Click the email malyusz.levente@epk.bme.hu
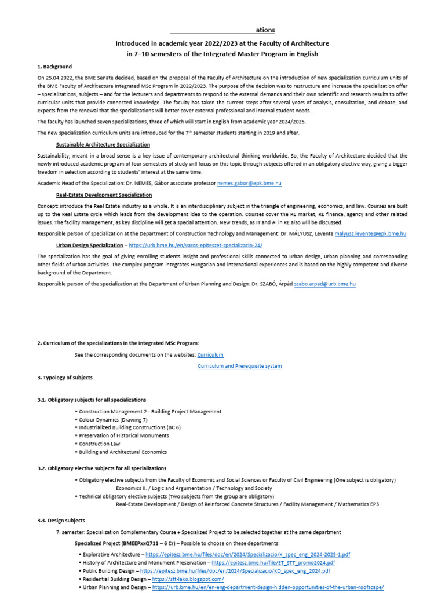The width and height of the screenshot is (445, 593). [x=368, y=233]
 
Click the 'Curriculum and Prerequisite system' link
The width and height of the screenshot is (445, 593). [x=239, y=366]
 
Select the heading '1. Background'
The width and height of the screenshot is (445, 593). [x=54, y=67]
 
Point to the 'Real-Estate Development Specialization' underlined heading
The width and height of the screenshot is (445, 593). [x=104, y=195]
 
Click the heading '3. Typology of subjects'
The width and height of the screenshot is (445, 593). [x=64, y=378]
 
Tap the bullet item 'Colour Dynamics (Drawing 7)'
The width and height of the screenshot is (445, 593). [x=113, y=420]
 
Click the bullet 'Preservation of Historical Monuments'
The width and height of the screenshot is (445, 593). [x=125, y=435]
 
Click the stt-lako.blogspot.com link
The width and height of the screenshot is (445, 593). [x=187, y=579]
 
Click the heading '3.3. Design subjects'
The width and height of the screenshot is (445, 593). [x=61, y=521]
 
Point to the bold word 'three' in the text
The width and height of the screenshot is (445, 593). [x=157, y=122]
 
